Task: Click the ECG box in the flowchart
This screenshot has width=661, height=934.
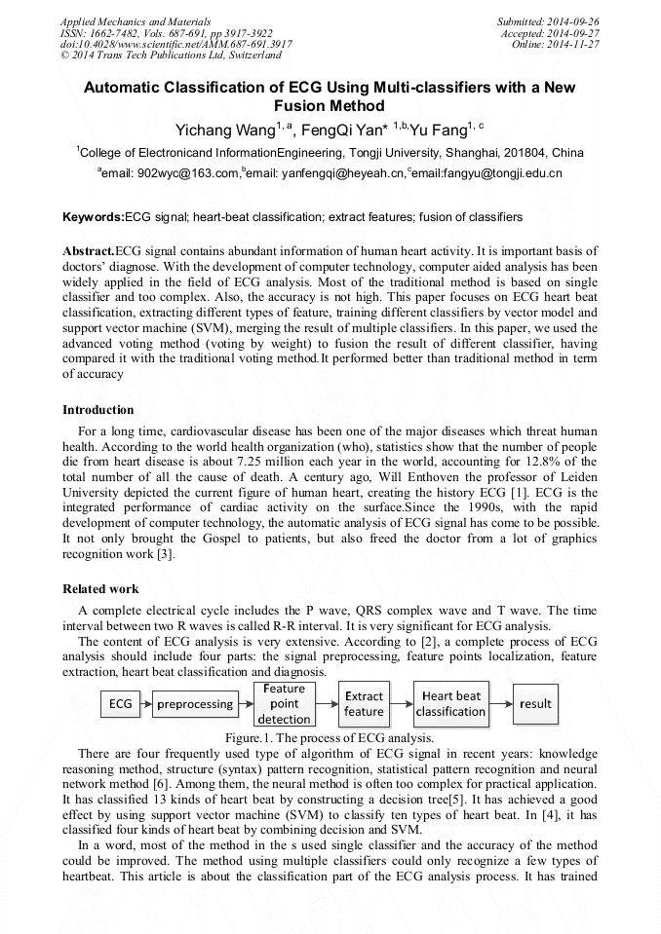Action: pos(120,703)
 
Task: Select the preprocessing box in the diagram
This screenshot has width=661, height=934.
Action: pos(195,703)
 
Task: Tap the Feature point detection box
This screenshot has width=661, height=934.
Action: pos(284,703)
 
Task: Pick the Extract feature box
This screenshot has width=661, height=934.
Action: pos(364,703)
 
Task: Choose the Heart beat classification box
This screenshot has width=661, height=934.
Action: pos(450,703)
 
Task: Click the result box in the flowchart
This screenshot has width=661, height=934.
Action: pos(535,703)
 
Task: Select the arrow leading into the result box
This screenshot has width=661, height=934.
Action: pos(501,703)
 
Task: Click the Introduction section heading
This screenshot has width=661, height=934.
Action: pos(98,410)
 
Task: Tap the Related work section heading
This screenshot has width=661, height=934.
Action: pos(100,589)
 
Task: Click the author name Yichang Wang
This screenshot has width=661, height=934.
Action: pos(222,130)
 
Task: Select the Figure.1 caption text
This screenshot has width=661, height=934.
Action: pos(329,737)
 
